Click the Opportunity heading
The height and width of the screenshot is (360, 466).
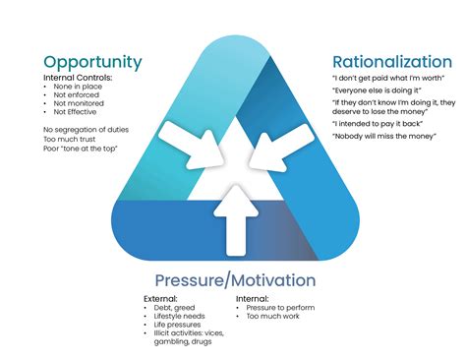pos(92,62)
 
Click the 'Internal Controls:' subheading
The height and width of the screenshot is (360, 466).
pos(78,78)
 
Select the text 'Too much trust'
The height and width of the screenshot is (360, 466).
pos(70,139)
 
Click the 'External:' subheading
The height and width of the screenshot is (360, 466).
pos(160,298)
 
